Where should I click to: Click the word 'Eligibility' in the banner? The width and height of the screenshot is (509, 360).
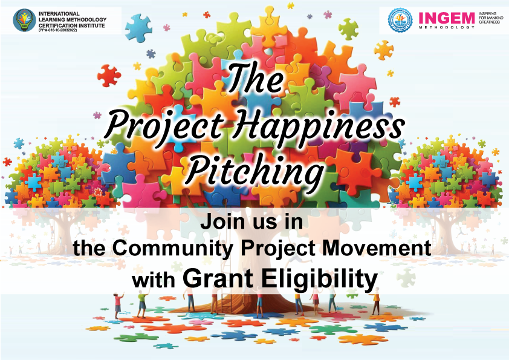[x=320, y=278]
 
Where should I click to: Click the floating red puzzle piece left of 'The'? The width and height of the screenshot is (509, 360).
[x=109, y=76]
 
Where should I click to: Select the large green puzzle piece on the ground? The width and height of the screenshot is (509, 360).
[x=135, y=336]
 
